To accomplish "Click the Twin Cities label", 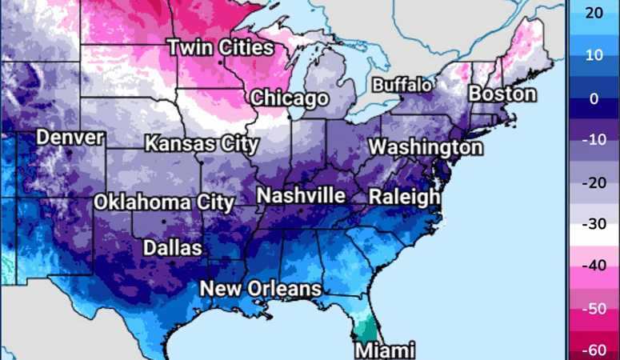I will (219, 47).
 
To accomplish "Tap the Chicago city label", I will (290, 98).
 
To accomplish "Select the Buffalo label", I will (402, 85).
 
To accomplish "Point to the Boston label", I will (502, 94).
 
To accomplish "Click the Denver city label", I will (70, 138).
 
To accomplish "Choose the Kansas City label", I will (202, 145).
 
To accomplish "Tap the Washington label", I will (426, 148).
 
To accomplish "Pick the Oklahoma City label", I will (164, 202).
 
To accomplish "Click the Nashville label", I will (301, 196).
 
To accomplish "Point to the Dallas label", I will (172, 248).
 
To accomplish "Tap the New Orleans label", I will (261, 289).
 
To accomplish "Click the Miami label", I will (385, 350).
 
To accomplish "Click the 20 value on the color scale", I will (594, 13).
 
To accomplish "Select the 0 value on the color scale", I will (594, 99).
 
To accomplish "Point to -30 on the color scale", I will (594, 224).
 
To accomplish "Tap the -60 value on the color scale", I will (594, 349).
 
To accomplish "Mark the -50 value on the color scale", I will (594, 307).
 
